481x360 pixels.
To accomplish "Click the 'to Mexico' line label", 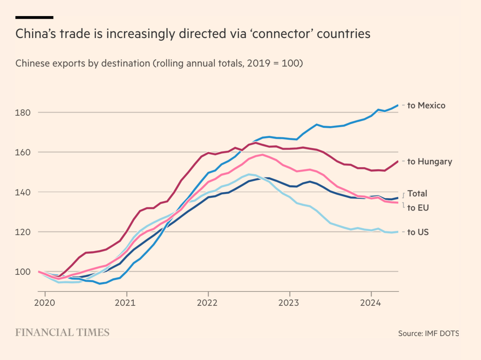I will point(426,105).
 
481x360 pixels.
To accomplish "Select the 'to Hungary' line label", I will point(429,162).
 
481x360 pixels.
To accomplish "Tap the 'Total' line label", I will point(417,194).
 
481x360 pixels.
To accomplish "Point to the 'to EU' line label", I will point(418,208).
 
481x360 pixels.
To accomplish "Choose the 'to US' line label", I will point(418,232).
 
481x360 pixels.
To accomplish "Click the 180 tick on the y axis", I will point(23,113).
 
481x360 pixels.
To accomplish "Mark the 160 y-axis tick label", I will point(23,152).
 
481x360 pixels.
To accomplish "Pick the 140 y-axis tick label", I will point(23,192).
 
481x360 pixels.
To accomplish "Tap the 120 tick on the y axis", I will point(23,232).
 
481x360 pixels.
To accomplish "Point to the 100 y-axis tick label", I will point(23,272).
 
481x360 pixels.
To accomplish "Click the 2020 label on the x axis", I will point(45,303).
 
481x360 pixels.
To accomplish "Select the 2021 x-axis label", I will point(125,303).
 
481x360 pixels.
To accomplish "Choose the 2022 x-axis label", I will point(207,303).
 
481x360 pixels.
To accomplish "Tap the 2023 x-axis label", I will point(289,303).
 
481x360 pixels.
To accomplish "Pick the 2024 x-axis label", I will point(370,303).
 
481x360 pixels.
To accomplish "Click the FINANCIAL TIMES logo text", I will point(62,332).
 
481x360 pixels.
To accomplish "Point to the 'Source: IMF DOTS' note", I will point(428,334).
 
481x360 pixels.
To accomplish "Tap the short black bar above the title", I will point(34,17).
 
